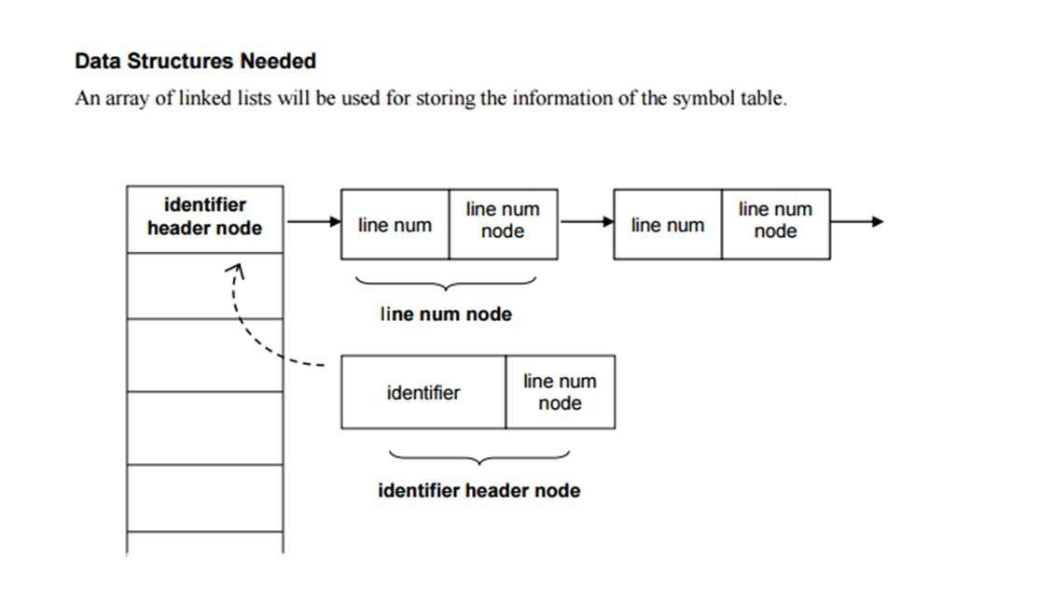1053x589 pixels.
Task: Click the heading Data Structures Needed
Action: [x=195, y=62]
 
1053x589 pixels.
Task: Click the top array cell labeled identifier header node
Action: [x=204, y=217]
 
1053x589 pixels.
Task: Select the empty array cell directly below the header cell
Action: [x=204, y=286]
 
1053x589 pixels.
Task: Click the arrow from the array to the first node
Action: [x=313, y=222]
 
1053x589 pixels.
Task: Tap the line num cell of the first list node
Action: [x=395, y=225]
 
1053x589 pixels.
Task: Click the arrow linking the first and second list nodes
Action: [x=585, y=222]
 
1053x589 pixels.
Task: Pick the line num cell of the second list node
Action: [x=667, y=225]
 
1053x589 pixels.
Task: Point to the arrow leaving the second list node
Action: [x=855, y=222]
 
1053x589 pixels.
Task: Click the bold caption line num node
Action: [x=446, y=315]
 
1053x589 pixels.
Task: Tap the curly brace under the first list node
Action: [x=446, y=282]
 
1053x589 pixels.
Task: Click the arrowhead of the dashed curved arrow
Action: [x=238, y=271]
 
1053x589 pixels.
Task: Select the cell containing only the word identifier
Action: [x=423, y=393]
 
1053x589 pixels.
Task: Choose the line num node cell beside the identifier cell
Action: [x=560, y=392]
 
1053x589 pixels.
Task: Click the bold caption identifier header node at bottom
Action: [x=478, y=491]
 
